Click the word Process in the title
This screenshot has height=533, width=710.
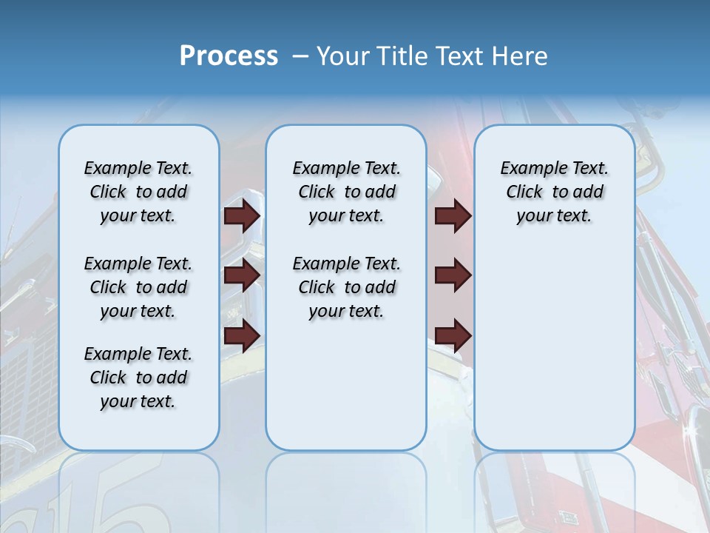229,56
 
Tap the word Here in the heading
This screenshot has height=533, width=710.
520,56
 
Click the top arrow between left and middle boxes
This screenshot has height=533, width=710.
242,215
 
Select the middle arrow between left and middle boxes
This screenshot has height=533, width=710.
242,276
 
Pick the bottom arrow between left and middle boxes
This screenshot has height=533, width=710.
242,336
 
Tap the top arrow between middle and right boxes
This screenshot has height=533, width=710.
453,215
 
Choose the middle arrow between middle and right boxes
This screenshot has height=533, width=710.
453,276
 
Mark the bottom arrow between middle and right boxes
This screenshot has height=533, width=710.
453,336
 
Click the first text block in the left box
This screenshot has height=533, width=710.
138,192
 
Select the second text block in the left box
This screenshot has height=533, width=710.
138,287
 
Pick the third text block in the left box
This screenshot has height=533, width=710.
138,378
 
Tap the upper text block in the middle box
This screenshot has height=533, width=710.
346,192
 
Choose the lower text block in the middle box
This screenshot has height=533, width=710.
346,287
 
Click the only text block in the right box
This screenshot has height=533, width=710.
554,192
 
